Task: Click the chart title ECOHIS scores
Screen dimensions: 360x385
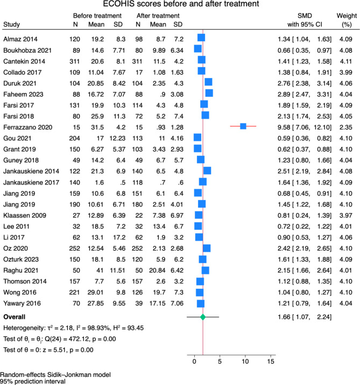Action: click(x=181, y=4)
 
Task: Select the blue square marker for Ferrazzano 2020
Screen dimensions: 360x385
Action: click(x=243, y=126)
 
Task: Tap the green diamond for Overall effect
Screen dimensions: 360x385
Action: click(x=203, y=317)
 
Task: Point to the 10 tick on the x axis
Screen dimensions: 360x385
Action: click(x=245, y=355)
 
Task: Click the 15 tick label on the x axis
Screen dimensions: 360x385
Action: click(x=271, y=361)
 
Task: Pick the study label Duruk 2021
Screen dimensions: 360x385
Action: click(x=20, y=83)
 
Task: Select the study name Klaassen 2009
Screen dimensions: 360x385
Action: click(x=25, y=216)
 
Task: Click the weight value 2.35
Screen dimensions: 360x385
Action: click(x=346, y=127)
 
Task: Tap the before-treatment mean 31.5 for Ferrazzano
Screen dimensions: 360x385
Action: click(x=97, y=127)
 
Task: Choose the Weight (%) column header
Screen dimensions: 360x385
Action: click(x=347, y=20)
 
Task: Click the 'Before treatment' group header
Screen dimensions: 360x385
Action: click(x=97, y=16)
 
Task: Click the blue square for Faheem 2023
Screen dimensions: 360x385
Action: click(x=209, y=94)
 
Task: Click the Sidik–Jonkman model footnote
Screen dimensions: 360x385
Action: click(x=55, y=375)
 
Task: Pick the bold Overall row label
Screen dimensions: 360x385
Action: click(x=14, y=317)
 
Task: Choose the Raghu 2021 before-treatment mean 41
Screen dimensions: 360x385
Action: click(x=100, y=270)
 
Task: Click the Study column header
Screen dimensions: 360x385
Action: click(x=11, y=25)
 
